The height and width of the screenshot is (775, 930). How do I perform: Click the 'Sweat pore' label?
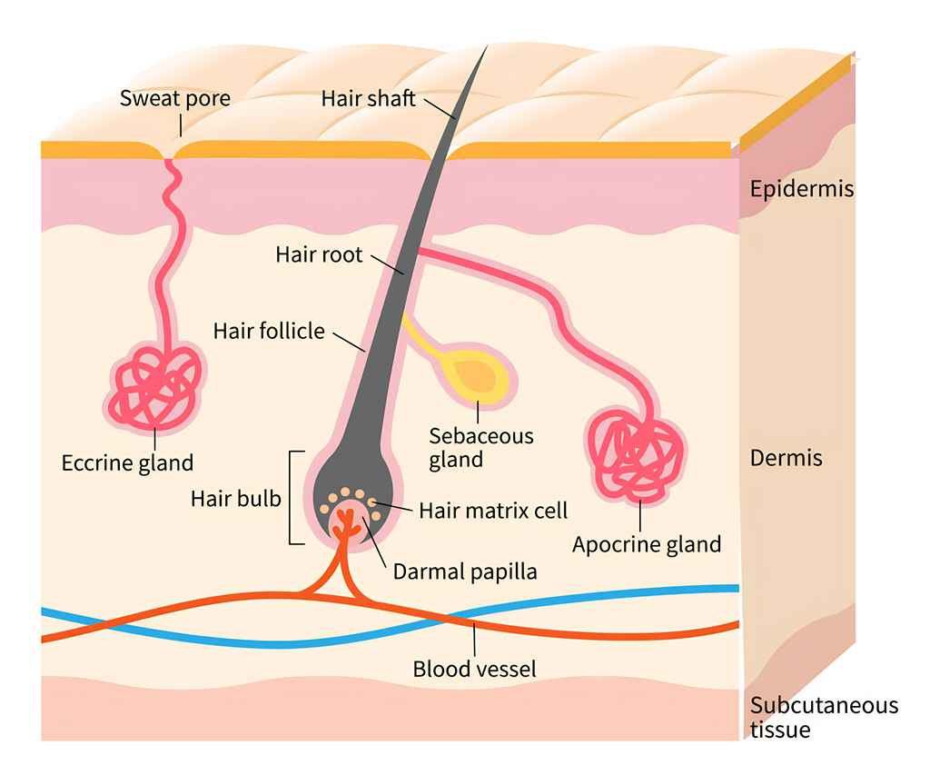coord(174,98)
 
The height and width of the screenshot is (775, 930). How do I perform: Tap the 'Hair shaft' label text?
coord(368,98)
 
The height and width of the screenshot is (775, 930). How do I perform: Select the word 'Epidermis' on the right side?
coord(802,189)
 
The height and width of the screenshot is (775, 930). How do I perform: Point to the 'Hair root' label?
coord(319,253)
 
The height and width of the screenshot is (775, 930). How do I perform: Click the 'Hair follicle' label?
coord(269,330)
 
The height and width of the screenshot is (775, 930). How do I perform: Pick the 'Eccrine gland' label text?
coord(127,462)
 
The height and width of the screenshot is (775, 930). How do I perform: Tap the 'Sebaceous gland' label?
coord(481,447)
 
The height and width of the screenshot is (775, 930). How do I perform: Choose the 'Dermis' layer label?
coord(786,457)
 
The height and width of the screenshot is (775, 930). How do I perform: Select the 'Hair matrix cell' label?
coord(493,510)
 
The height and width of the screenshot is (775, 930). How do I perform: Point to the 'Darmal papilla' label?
coord(465,571)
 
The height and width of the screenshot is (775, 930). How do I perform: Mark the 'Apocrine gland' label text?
coord(647,544)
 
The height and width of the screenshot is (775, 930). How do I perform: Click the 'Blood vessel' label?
coord(475,670)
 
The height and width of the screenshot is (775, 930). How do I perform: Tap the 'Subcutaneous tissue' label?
coord(824,717)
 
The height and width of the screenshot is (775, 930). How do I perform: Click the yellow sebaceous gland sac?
coord(474,375)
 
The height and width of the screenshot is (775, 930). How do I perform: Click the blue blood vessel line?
coord(636,595)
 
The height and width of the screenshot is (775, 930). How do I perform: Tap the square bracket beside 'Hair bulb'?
coord(293,497)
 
